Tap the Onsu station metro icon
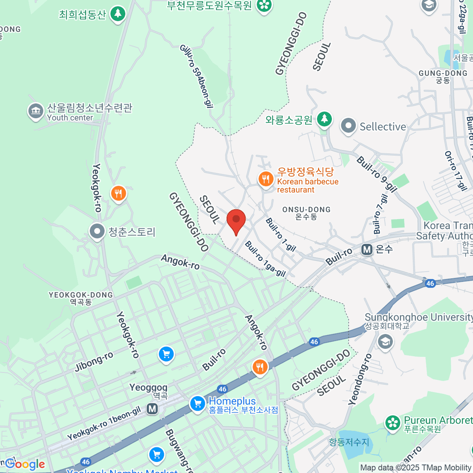[x=367, y=249]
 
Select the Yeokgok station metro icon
[x=152, y=409]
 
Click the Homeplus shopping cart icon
[x=197, y=404]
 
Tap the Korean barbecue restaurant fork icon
[x=266, y=180]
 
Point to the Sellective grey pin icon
[x=348, y=126]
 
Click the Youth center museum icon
[x=36, y=111]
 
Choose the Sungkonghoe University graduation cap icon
[x=385, y=341]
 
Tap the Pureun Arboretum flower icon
[x=393, y=423]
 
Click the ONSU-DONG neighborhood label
[x=306, y=213]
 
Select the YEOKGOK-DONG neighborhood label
[x=80, y=298]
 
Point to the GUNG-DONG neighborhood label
[x=443, y=76]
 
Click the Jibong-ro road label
[x=94, y=362]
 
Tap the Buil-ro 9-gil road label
[x=376, y=174]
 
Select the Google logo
[x=25, y=464]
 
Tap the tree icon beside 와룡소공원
[x=324, y=118]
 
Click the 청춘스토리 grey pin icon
[x=97, y=232]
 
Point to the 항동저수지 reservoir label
[x=349, y=442]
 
